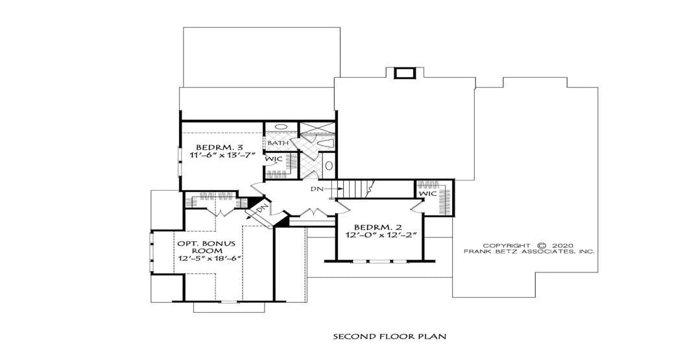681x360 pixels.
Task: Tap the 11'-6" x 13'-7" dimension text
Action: (222, 154)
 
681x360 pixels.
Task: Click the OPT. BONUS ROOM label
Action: (206, 247)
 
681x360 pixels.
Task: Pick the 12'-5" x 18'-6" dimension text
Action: (209, 258)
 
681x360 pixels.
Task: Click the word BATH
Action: (278, 143)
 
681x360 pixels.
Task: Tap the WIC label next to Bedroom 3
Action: (274, 159)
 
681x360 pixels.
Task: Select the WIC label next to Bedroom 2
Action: (428, 194)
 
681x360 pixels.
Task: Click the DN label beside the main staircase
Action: (316, 189)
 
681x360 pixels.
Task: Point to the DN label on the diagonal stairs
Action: (261, 210)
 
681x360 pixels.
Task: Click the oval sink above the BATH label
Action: (281, 126)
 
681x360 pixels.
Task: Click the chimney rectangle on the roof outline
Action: (404, 73)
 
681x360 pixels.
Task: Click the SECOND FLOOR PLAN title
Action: (390, 336)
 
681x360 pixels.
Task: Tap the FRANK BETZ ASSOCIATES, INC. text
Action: (529, 252)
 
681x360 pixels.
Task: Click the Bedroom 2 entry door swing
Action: (343, 206)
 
